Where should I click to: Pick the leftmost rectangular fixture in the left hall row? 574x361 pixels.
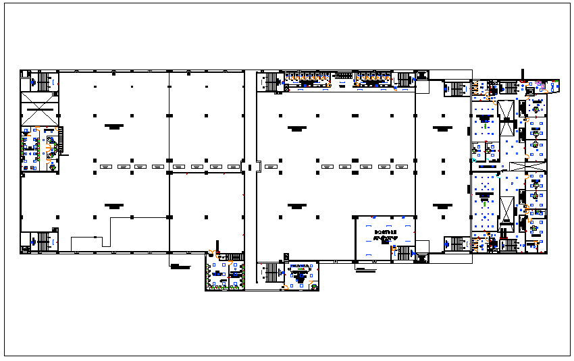pyautogui.click(x=105, y=166)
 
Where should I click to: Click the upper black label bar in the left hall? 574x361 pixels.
pyautogui.click(x=113, y=126)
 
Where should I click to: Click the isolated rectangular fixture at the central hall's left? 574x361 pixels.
pyautogui.click(x=270, y=166)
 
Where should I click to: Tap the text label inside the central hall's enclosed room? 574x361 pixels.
pyautogui.click(x=385, y=235)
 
